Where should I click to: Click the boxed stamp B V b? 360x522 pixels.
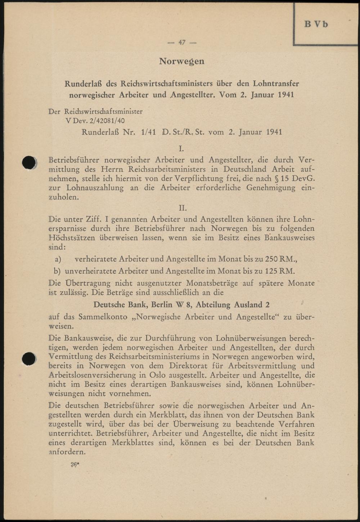click(x=316, y=24)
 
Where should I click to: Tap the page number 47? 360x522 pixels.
click(x=182, y=43)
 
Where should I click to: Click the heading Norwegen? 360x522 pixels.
click(x=182, y=61)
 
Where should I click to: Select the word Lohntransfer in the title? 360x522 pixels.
click(x=276, y=84)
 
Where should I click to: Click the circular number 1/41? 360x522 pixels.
click(x=148, y=132)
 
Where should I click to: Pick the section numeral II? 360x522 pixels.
click(x=183, y=208)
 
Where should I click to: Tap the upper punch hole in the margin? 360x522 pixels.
click(x=29, y=162)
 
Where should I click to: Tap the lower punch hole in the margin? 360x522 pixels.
click(x=28, y=359)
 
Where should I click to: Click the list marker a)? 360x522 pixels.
click(x=58, y=259)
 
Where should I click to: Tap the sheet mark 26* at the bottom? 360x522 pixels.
click(x=75, y=465)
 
